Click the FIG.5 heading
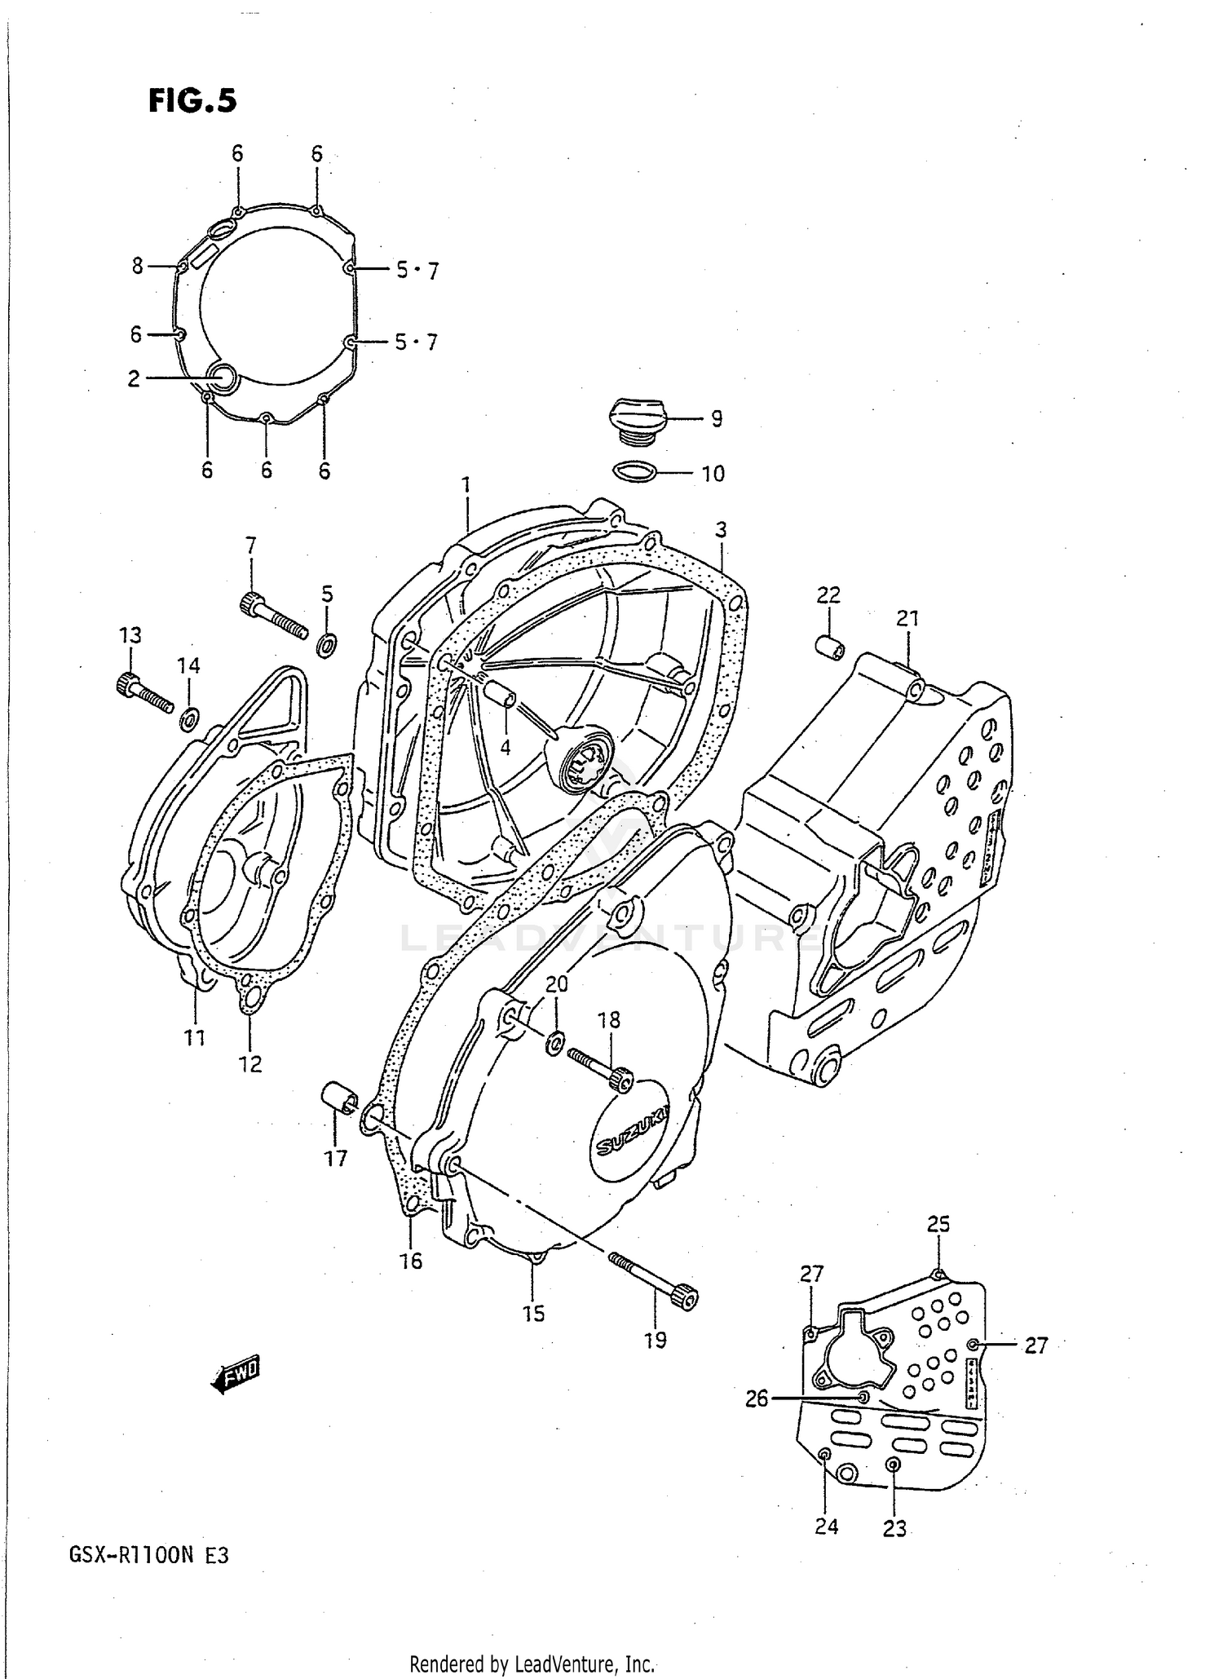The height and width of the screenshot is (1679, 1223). [192, 100]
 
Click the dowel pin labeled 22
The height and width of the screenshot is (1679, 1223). [830, 646]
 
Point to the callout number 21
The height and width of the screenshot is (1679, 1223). [907, 619]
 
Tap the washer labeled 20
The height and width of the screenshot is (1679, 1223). [555, 1042]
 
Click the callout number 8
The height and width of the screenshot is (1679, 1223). [138, 266]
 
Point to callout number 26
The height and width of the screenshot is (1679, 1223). [757, 1399]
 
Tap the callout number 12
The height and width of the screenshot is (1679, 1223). [250, 1063]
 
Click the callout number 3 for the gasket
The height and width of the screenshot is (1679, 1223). [721, 530]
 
